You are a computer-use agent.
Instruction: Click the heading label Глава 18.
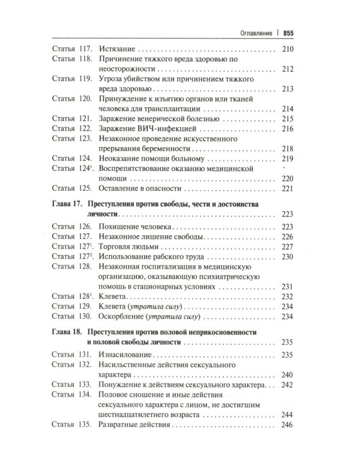pyautogui.click(x=65, y=332)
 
